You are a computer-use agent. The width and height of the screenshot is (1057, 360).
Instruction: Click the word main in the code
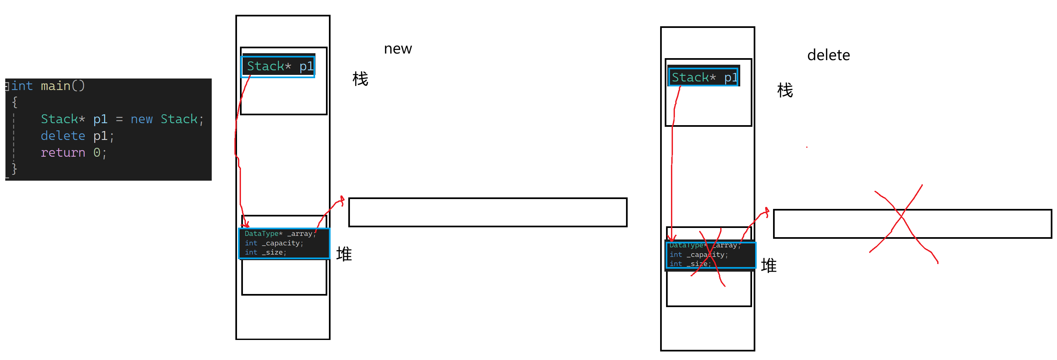[55, 86]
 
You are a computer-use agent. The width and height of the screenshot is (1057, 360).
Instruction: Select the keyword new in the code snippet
[141, 119]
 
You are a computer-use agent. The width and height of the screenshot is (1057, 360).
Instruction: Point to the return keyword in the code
[63, 153]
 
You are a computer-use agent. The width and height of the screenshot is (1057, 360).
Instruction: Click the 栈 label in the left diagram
[360, 79]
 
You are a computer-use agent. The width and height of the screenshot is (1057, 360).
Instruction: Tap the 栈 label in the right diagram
[785, 90]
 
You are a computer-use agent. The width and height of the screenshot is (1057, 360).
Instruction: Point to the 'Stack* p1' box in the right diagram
[703, 77]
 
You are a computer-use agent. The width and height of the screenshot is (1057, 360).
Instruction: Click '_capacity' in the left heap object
[282, 243]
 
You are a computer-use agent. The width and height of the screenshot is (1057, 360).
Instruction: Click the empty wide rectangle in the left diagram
[487, 212]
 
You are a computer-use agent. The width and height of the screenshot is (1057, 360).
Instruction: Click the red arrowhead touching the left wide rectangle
[341, 200]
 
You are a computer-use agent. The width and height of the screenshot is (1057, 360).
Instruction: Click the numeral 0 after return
[97, 153]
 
